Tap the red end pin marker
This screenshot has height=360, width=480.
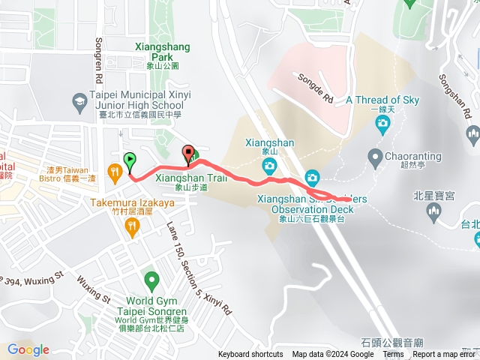click(187, 154)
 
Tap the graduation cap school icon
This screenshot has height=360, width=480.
click(79, 100)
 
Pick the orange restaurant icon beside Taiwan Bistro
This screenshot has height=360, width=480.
click(114, 173)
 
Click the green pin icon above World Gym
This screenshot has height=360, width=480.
click(153, 283)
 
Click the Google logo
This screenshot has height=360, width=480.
click(28, 349)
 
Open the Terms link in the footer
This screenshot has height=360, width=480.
click(393, 355)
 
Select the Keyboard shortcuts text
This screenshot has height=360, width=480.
click(250, 355)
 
